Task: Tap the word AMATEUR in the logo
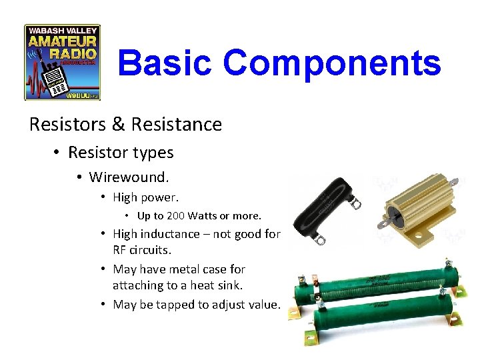[62, 43]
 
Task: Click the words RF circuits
[141, 250]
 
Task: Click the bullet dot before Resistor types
[57, 153]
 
